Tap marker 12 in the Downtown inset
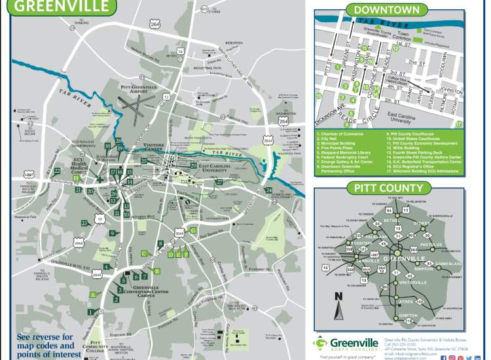pyautogui.click(x=396, y=48)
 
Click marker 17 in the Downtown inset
pyautogui.click(x=458, y=123)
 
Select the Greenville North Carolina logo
pyautogui.click(x=347, y=343)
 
